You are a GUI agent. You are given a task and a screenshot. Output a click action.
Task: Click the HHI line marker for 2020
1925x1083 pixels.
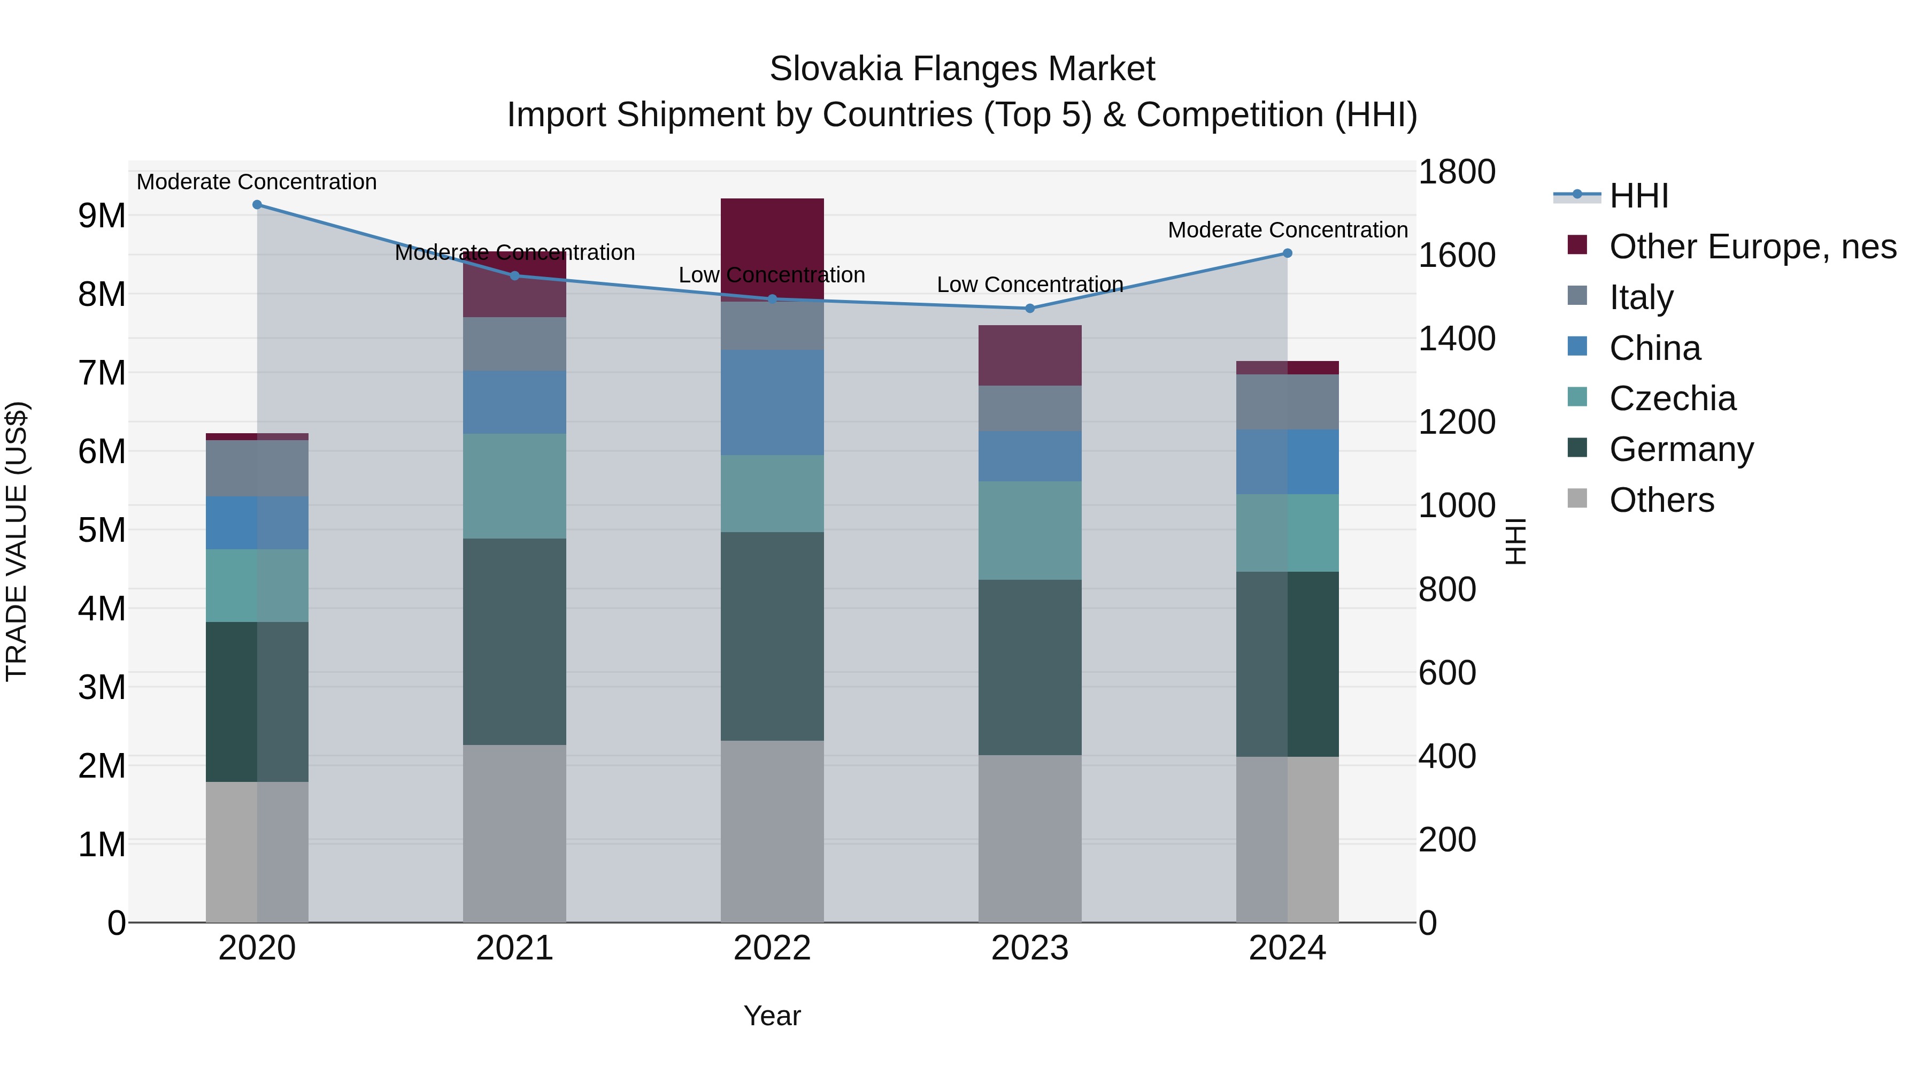click(257, 205)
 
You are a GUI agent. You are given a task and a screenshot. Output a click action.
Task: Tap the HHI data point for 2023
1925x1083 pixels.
click(1030, 309)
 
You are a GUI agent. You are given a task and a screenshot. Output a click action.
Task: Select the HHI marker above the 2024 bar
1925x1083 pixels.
click(1288, 254)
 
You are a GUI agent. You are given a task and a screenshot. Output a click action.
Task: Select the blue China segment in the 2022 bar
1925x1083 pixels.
click(772, 403)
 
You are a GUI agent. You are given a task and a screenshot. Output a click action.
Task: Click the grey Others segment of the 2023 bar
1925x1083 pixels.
click(1030, 839)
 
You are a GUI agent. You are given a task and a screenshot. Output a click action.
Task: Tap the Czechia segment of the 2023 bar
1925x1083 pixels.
click(1030, 531)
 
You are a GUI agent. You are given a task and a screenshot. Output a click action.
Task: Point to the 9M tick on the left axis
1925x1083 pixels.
click(102, 216)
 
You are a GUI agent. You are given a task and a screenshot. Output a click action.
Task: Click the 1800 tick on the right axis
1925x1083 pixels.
click(1457, 172)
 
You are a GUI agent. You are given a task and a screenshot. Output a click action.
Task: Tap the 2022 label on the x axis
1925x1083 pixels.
click(772, 948)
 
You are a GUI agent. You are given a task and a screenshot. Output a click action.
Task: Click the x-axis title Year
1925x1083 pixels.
click(772, 1016)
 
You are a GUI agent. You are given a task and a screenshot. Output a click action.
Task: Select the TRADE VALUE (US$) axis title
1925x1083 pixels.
click(17, 541)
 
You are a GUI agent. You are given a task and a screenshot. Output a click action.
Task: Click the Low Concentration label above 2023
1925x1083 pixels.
click(1030, 285)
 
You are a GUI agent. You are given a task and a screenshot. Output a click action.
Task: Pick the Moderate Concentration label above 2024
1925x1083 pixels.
click(1288, 230)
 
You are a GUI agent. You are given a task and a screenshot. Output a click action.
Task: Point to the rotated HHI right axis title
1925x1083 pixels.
click(1515, 541)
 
